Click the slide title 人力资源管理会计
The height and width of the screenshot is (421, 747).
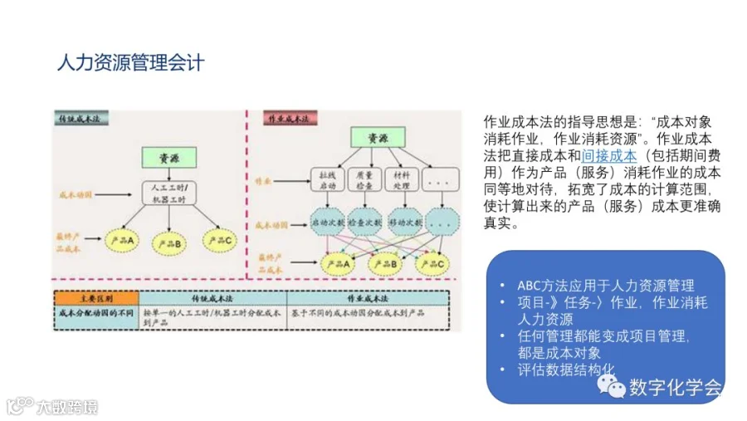(130, 62)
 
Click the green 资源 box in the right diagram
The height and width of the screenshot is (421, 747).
(372, 137)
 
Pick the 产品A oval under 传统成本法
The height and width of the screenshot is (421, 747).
(121, 241)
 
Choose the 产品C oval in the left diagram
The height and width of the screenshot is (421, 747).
(222, 241)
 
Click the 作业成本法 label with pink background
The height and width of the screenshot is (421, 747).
(286, 119)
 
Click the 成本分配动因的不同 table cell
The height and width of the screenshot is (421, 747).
(95, 314)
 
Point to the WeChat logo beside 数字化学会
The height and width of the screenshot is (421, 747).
(613, 387)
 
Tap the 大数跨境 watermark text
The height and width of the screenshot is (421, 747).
(66, 407)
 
